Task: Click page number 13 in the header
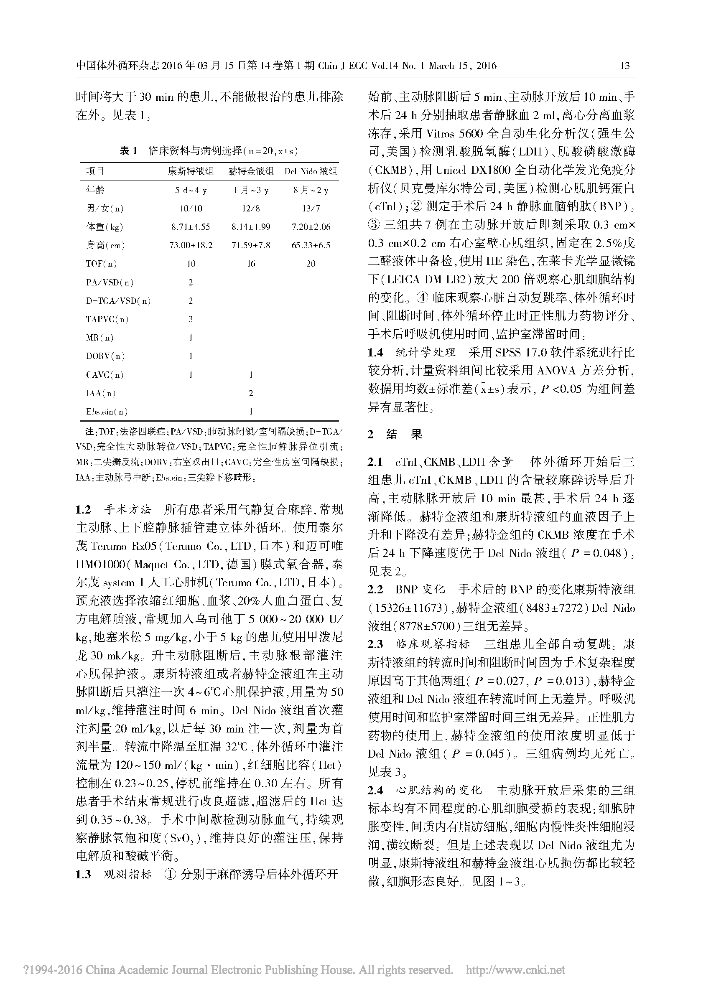click(625, 66)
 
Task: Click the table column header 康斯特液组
click(191, 171)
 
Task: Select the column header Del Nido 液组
click(311, 171)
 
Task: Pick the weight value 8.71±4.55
click(191, 227)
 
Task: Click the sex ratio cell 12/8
click(250, 209)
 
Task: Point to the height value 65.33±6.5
click(311, 245)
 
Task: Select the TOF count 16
click(250, 264)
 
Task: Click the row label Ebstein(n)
click(107, 412)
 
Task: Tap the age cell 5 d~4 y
click(191, 190)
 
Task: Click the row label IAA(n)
click(101, 393)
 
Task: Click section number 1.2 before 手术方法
click(83, 509)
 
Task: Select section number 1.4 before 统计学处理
click(375, 352)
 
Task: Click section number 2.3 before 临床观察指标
click(375, 644)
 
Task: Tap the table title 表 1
click(129, 151)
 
